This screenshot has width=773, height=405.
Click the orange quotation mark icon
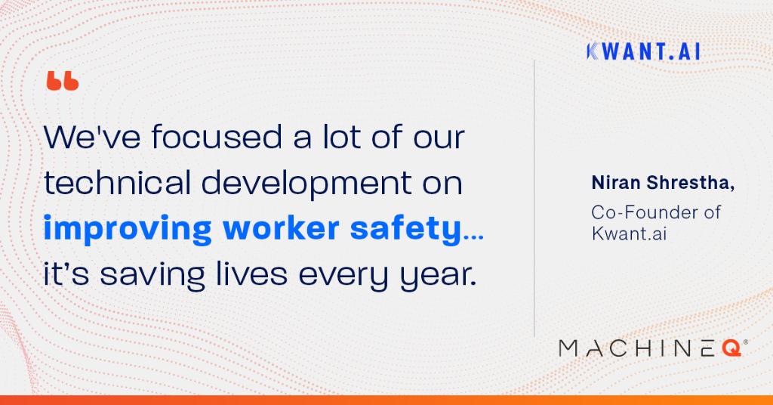(62, 82)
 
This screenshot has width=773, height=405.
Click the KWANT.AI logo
(642, 51)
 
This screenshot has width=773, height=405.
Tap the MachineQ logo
(653, 348)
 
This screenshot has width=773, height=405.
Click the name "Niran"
(613, 184)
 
